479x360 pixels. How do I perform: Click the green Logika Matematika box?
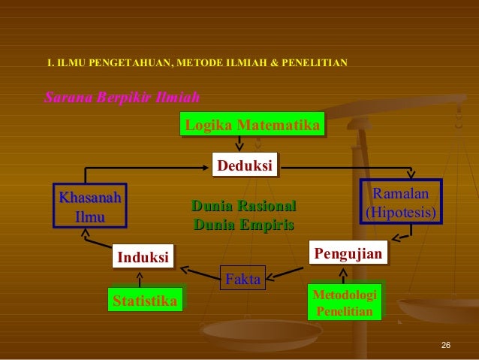(x=252, y=124)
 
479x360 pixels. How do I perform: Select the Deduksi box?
(x=244, y=165)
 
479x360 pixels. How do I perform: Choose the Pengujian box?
(x=348, y=252)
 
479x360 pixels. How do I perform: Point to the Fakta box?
(x=243, y=280)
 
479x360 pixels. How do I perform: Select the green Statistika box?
(x=145, y=301)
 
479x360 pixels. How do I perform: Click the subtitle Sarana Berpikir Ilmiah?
(x=122, y=98)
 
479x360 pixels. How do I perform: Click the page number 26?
(x=445, y=345)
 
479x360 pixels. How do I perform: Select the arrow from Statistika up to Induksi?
(x=140, y=278)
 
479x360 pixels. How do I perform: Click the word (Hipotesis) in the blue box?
(x=400, y=212)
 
